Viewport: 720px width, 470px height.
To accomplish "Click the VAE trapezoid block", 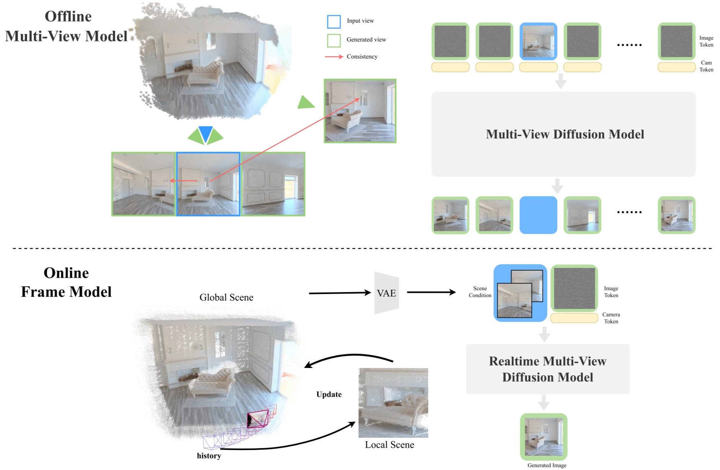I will pyautogui.click(x=386, y=293).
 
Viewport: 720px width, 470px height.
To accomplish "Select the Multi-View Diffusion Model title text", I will pyautogui.click(x=565, y=134).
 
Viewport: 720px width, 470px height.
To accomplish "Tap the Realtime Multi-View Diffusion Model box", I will pyautogui.click(x=547, y=369).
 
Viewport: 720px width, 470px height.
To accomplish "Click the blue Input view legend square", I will pyautogui.click(x=334, y=21).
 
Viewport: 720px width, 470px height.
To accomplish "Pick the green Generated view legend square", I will pyautogui.click(x=334, y=40).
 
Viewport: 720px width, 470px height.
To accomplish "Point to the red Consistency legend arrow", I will pyautogui.click(x=334, y=57).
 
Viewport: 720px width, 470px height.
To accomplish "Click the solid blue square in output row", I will pyautogui.click(x=538, y=215).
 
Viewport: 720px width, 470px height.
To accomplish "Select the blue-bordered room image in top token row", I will pyautogui.click(x=538, y=41).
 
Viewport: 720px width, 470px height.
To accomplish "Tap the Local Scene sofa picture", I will pyautogui.click(x=393, y=403).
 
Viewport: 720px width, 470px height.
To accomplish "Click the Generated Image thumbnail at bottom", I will pyautogui.click(x=544, y=437).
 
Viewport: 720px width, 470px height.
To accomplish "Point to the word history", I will pyautogui.click(x=209, y=456).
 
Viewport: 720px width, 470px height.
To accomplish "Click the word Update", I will pyautogui.click(x=329, y=394).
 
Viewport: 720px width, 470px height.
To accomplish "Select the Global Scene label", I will pyautogui.click(x=226, y=297).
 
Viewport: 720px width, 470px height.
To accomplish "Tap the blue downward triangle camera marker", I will pyautogui.click(x=206, y=134).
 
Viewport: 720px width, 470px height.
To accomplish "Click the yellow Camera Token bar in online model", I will pyautogui.click(x=574, y=318).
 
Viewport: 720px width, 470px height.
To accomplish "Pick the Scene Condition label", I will pyautogui.click(x=480, y=292).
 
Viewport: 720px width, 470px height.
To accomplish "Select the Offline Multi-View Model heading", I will pyautogui.click(x=67, y=26).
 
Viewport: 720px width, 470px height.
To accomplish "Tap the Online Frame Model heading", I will pyautogui.click(x=66, y=283).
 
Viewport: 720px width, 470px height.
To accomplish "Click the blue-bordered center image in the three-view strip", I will pyautogui.click(x=208, y=184).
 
